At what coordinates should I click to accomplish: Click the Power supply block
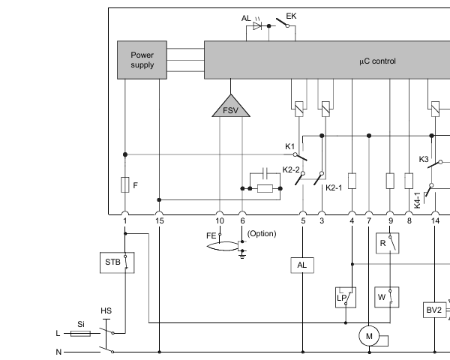click(x=142, y=60)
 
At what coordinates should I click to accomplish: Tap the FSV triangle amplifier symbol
click(x=230, y=107)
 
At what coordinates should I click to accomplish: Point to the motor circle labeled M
click(x=368, y=337)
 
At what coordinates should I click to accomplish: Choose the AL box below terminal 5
click(x=301, y=265)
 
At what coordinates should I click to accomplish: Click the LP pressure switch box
click(x=343, y=296)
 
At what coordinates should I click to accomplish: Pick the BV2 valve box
click(x=434, y=310)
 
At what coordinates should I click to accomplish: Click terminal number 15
click(x=159, y=221)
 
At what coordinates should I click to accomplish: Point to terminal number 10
click(x=220, y=221)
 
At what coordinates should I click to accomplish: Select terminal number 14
click(x=435, y=221)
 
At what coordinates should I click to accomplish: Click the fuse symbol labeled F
click(x=124, y=184)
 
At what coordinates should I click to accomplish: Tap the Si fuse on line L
click(x=80, y=333)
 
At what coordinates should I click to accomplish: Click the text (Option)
click(x=262, y=233)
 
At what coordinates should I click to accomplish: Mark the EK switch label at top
click(x=291, y=16)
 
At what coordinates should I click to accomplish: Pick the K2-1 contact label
click(x=334, y=187)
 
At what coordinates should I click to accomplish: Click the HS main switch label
click(x=106, y=310)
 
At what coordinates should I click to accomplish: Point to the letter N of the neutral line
click(x=58, y=351)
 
